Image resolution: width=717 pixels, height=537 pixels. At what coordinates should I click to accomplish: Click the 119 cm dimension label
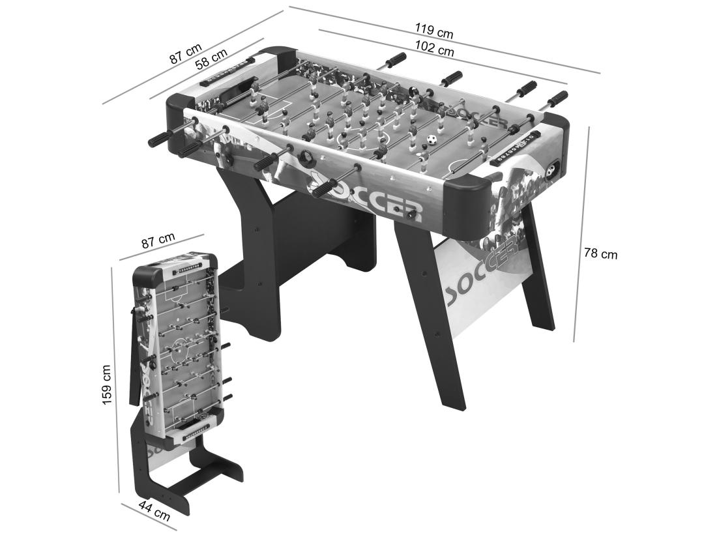(x=434, y=31)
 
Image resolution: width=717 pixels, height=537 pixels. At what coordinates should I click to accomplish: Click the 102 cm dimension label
(x=436, y=50)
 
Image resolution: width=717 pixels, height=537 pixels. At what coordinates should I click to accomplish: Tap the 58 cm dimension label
(x=211, y=60)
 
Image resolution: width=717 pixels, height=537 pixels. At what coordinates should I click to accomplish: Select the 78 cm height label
(x=600, y=254)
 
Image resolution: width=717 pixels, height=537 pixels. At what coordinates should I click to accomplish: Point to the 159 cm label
(x=107, y=385)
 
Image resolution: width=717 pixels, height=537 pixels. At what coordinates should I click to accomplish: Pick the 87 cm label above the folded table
(x=158, y=241)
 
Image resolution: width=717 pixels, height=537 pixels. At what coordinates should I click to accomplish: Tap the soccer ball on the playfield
(x=431, y=139)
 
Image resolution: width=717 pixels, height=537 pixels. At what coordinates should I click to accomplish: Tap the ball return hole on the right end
(x=553, y=171)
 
